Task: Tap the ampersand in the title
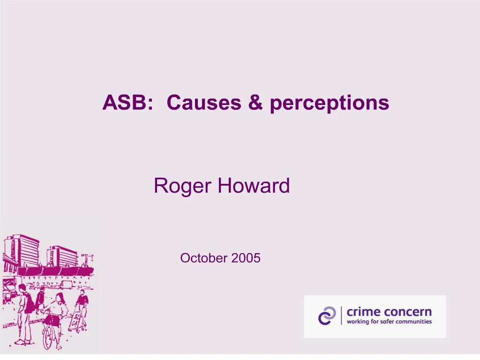click(x=256, y=103)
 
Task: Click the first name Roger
click(x=183, y=187)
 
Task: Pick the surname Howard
click(x=254, y=186)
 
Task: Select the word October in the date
click(x=202, y=258)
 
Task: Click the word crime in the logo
click(x=363, y=312)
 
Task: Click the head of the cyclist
click(x=60, y=297)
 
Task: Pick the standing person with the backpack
click(x=23, y=312)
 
